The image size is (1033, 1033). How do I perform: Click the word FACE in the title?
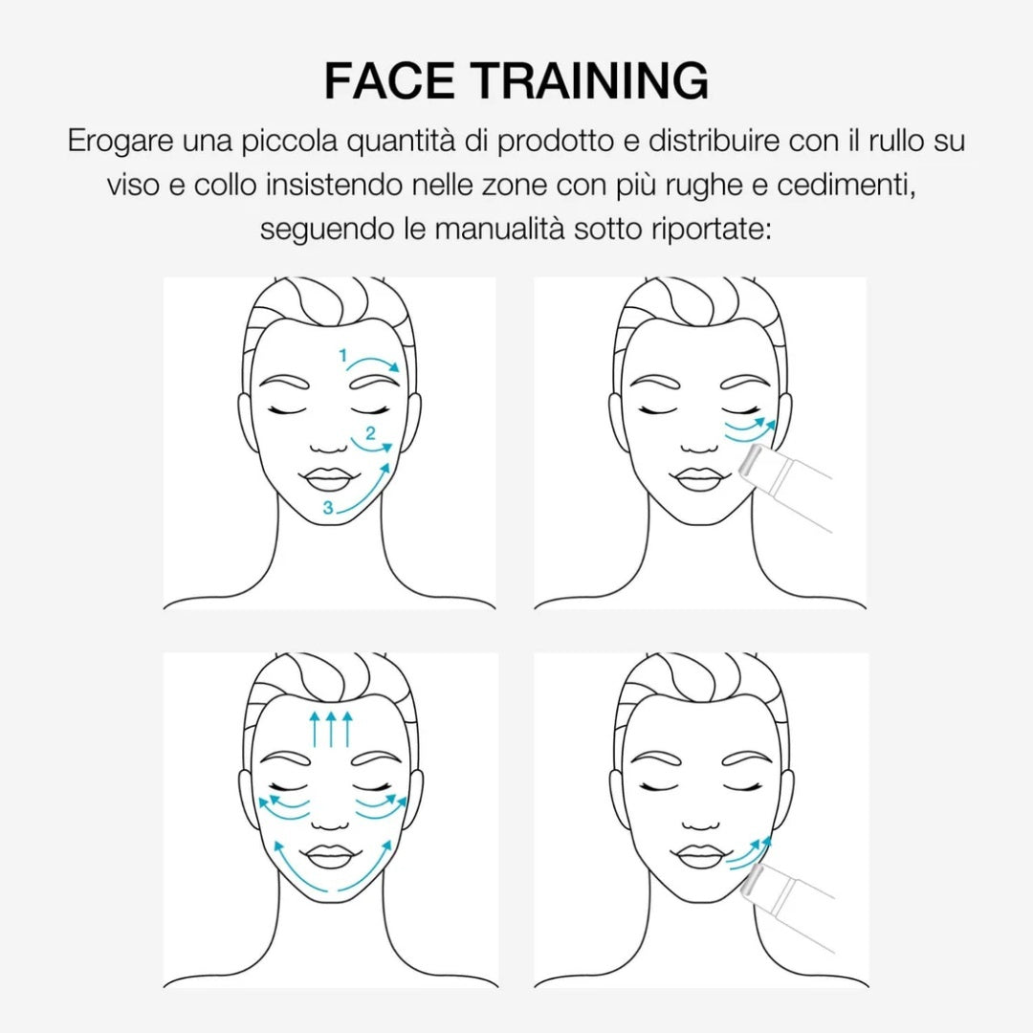(x=389, y=80)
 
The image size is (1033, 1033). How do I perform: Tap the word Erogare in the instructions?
(x=121, y=142)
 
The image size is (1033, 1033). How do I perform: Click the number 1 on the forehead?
(x=342, y=356)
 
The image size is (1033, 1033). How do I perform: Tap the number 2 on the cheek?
(x=370, y=433)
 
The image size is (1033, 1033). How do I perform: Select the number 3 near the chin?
(x=328, y=507)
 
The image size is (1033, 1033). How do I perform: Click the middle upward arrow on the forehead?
(x=331, y=728)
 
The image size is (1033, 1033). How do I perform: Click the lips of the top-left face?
(x=329, y=479)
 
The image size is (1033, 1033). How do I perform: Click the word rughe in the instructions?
(x=704, y=187)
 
